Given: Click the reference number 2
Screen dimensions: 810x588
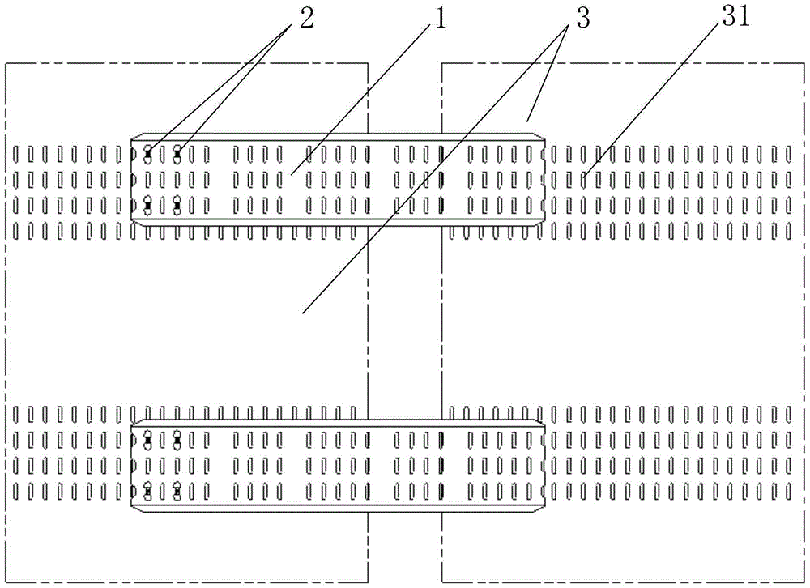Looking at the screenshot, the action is tap(306, 19).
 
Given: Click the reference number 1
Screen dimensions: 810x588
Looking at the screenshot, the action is tap(440, 19).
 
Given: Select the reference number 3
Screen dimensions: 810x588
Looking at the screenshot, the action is tap(582, 19).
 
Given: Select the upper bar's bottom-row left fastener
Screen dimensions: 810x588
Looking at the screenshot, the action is tap(147, 206).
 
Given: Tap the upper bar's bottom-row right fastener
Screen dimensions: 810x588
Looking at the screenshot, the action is tap(177, 206).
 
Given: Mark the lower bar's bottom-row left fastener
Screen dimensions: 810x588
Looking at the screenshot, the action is tap(147, 491).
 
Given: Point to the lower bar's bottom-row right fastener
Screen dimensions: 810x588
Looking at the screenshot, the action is tap(177, 491).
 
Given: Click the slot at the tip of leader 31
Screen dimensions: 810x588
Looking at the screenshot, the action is tap(583, 180).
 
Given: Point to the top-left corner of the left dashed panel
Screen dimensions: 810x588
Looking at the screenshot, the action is tap(6, 63).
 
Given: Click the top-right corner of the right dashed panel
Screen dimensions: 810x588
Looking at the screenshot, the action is tap(804, 63).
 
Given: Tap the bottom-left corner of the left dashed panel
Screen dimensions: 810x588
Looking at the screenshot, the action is tap(6, 582).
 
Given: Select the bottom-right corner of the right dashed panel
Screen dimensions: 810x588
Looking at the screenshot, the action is tap(804, 582).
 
